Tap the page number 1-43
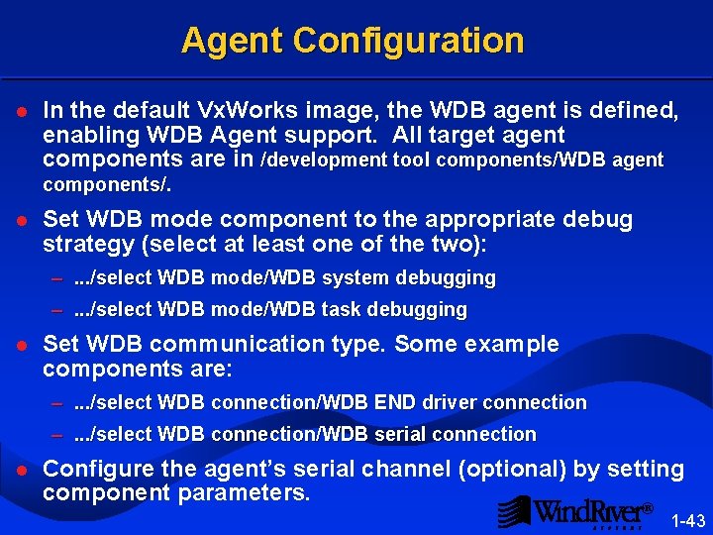click(688, 521)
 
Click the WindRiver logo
click(574, 511)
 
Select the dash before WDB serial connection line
click(58, 435)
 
